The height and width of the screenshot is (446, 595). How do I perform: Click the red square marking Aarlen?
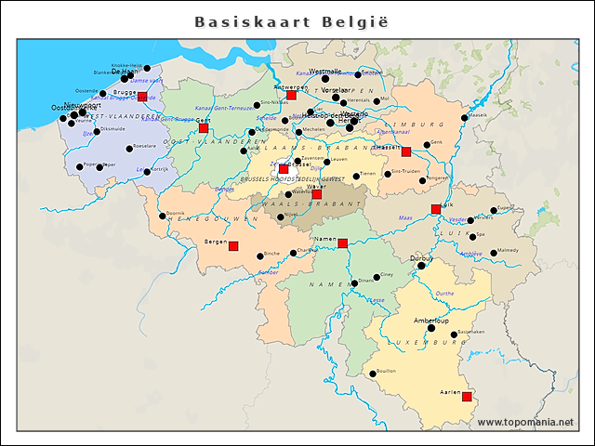click(467, 397)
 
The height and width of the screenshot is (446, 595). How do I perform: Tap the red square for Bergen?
click(233, 246)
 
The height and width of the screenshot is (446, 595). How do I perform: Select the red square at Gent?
click(204, 128)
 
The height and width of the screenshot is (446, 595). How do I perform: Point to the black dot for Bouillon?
click(373, 374)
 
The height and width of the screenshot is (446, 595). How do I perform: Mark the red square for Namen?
click(342, 243)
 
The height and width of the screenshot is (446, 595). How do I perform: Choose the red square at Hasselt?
click(406, 151)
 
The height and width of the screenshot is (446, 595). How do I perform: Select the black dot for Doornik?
click(163, 216)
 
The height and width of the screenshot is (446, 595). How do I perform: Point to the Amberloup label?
click(430, 320)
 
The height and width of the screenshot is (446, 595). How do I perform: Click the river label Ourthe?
click(445, 293)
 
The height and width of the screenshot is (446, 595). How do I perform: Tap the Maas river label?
click(404, 218)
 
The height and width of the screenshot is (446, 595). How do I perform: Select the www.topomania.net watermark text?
click(525, 423)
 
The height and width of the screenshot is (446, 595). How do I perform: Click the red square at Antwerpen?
click(291, 95)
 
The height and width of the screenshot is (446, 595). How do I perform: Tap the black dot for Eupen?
click(494, 210)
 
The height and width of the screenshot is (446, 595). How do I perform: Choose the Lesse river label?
click(376, 300)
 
